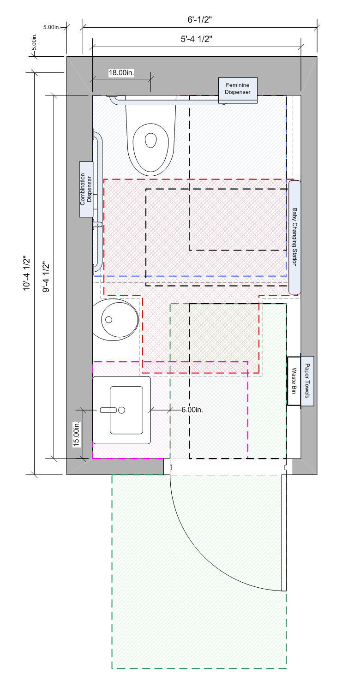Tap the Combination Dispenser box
tap(86, 189)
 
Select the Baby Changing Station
tap(294, 237)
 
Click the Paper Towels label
tap(307, 381)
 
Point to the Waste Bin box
tap(294, 381)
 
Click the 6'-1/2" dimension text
tap(200, 19)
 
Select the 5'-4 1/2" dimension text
tap(197, 39)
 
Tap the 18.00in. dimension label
tap(121, 72)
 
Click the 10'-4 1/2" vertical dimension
tap(27, 273)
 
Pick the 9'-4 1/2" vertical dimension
tap(46, 277)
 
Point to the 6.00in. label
tap(192, 410)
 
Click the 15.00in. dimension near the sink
tap(76, 435)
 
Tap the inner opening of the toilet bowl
tap(151, 140)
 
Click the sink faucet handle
tap(108, 410)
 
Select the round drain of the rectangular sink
tap(122, 410)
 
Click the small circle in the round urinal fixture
tap(109, 320)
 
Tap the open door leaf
tap(284, 533)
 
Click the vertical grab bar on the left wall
tap(98, 203)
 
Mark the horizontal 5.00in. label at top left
tap(52, 27)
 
